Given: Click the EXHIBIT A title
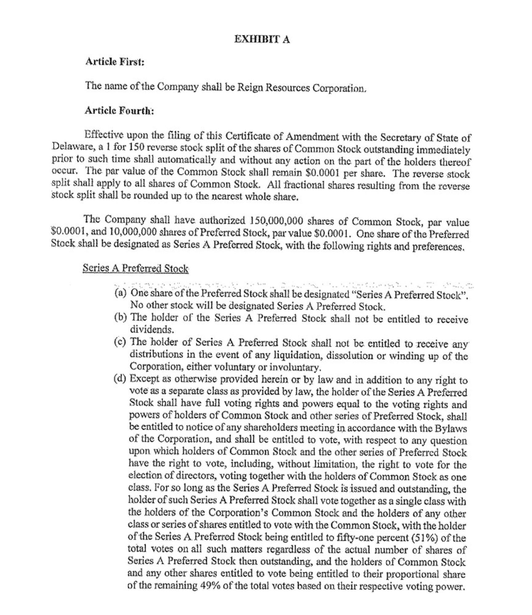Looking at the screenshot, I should pos(262,39).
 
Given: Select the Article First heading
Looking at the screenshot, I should pos(114,62).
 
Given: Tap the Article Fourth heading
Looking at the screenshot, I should pos(119,111).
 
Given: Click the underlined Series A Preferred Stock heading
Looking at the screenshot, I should pos(135,268).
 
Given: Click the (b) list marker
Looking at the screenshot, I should pos(120,317).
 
